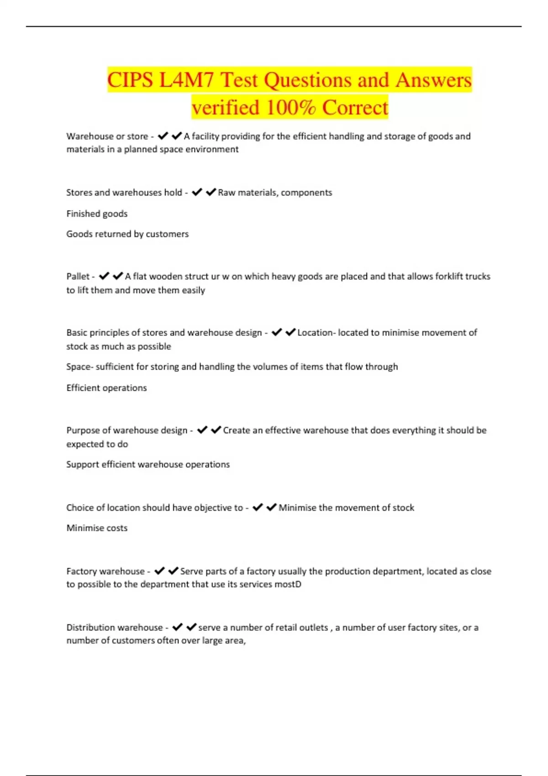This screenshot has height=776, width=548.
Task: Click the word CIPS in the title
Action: [x=130, y=80]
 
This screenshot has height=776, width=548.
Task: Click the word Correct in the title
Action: [x=355, y=108]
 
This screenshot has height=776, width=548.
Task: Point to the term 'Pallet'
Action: [x=78, y=277]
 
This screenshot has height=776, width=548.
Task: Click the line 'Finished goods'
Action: [x=97, y=214]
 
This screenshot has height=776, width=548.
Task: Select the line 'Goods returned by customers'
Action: [x=127, y=234]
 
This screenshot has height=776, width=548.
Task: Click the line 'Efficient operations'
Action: [x=106, y=388]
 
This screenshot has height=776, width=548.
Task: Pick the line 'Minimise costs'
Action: [x=97, y=528]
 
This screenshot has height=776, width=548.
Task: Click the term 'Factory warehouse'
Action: [x=105, y=572]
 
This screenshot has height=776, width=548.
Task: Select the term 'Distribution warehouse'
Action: [x=115, y=628]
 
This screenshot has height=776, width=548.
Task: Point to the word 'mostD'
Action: [x=288, y=585]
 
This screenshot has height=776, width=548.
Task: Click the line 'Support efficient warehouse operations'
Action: [x=148, y=465]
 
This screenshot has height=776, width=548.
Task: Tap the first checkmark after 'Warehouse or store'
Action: [x=163, y=136]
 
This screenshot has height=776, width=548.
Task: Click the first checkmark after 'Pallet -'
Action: [x=104, y=276]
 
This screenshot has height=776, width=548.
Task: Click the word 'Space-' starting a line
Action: [x=80, y=367]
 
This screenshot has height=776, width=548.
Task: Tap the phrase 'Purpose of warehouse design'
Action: [x=127, y=430]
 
